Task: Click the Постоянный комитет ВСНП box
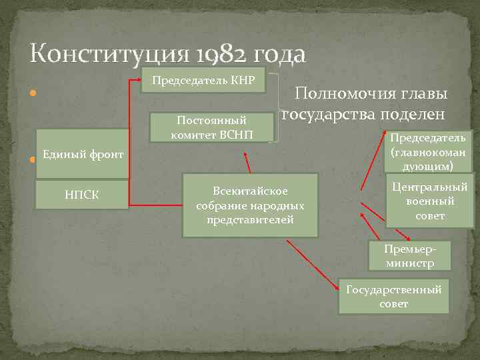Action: pos(211,127)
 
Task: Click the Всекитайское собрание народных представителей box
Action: pos(250,206)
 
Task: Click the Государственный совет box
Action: pos(393,296)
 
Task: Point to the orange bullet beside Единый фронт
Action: pos(31,160)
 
